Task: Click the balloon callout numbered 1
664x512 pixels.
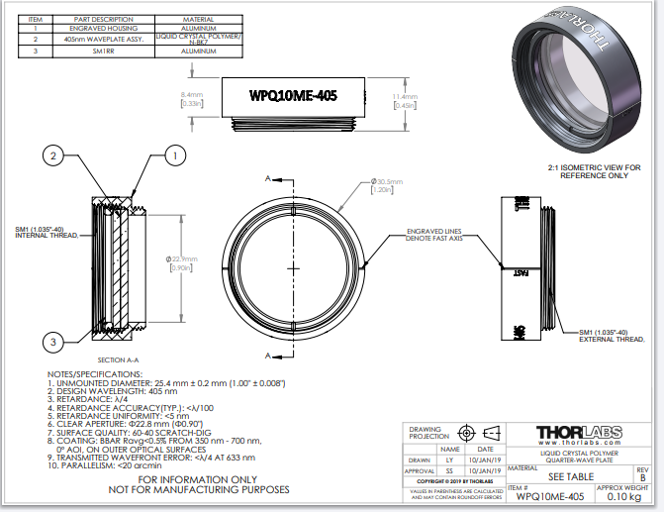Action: coord(174,154)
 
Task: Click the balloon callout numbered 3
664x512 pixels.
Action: coord(52,342)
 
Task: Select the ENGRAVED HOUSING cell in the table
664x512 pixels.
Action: coord(98,29)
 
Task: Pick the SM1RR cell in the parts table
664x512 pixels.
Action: coord(98,51)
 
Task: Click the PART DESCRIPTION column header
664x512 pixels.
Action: coord(98,19)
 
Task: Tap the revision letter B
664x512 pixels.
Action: coord(640,477)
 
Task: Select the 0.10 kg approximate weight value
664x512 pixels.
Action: coord(623,496)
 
